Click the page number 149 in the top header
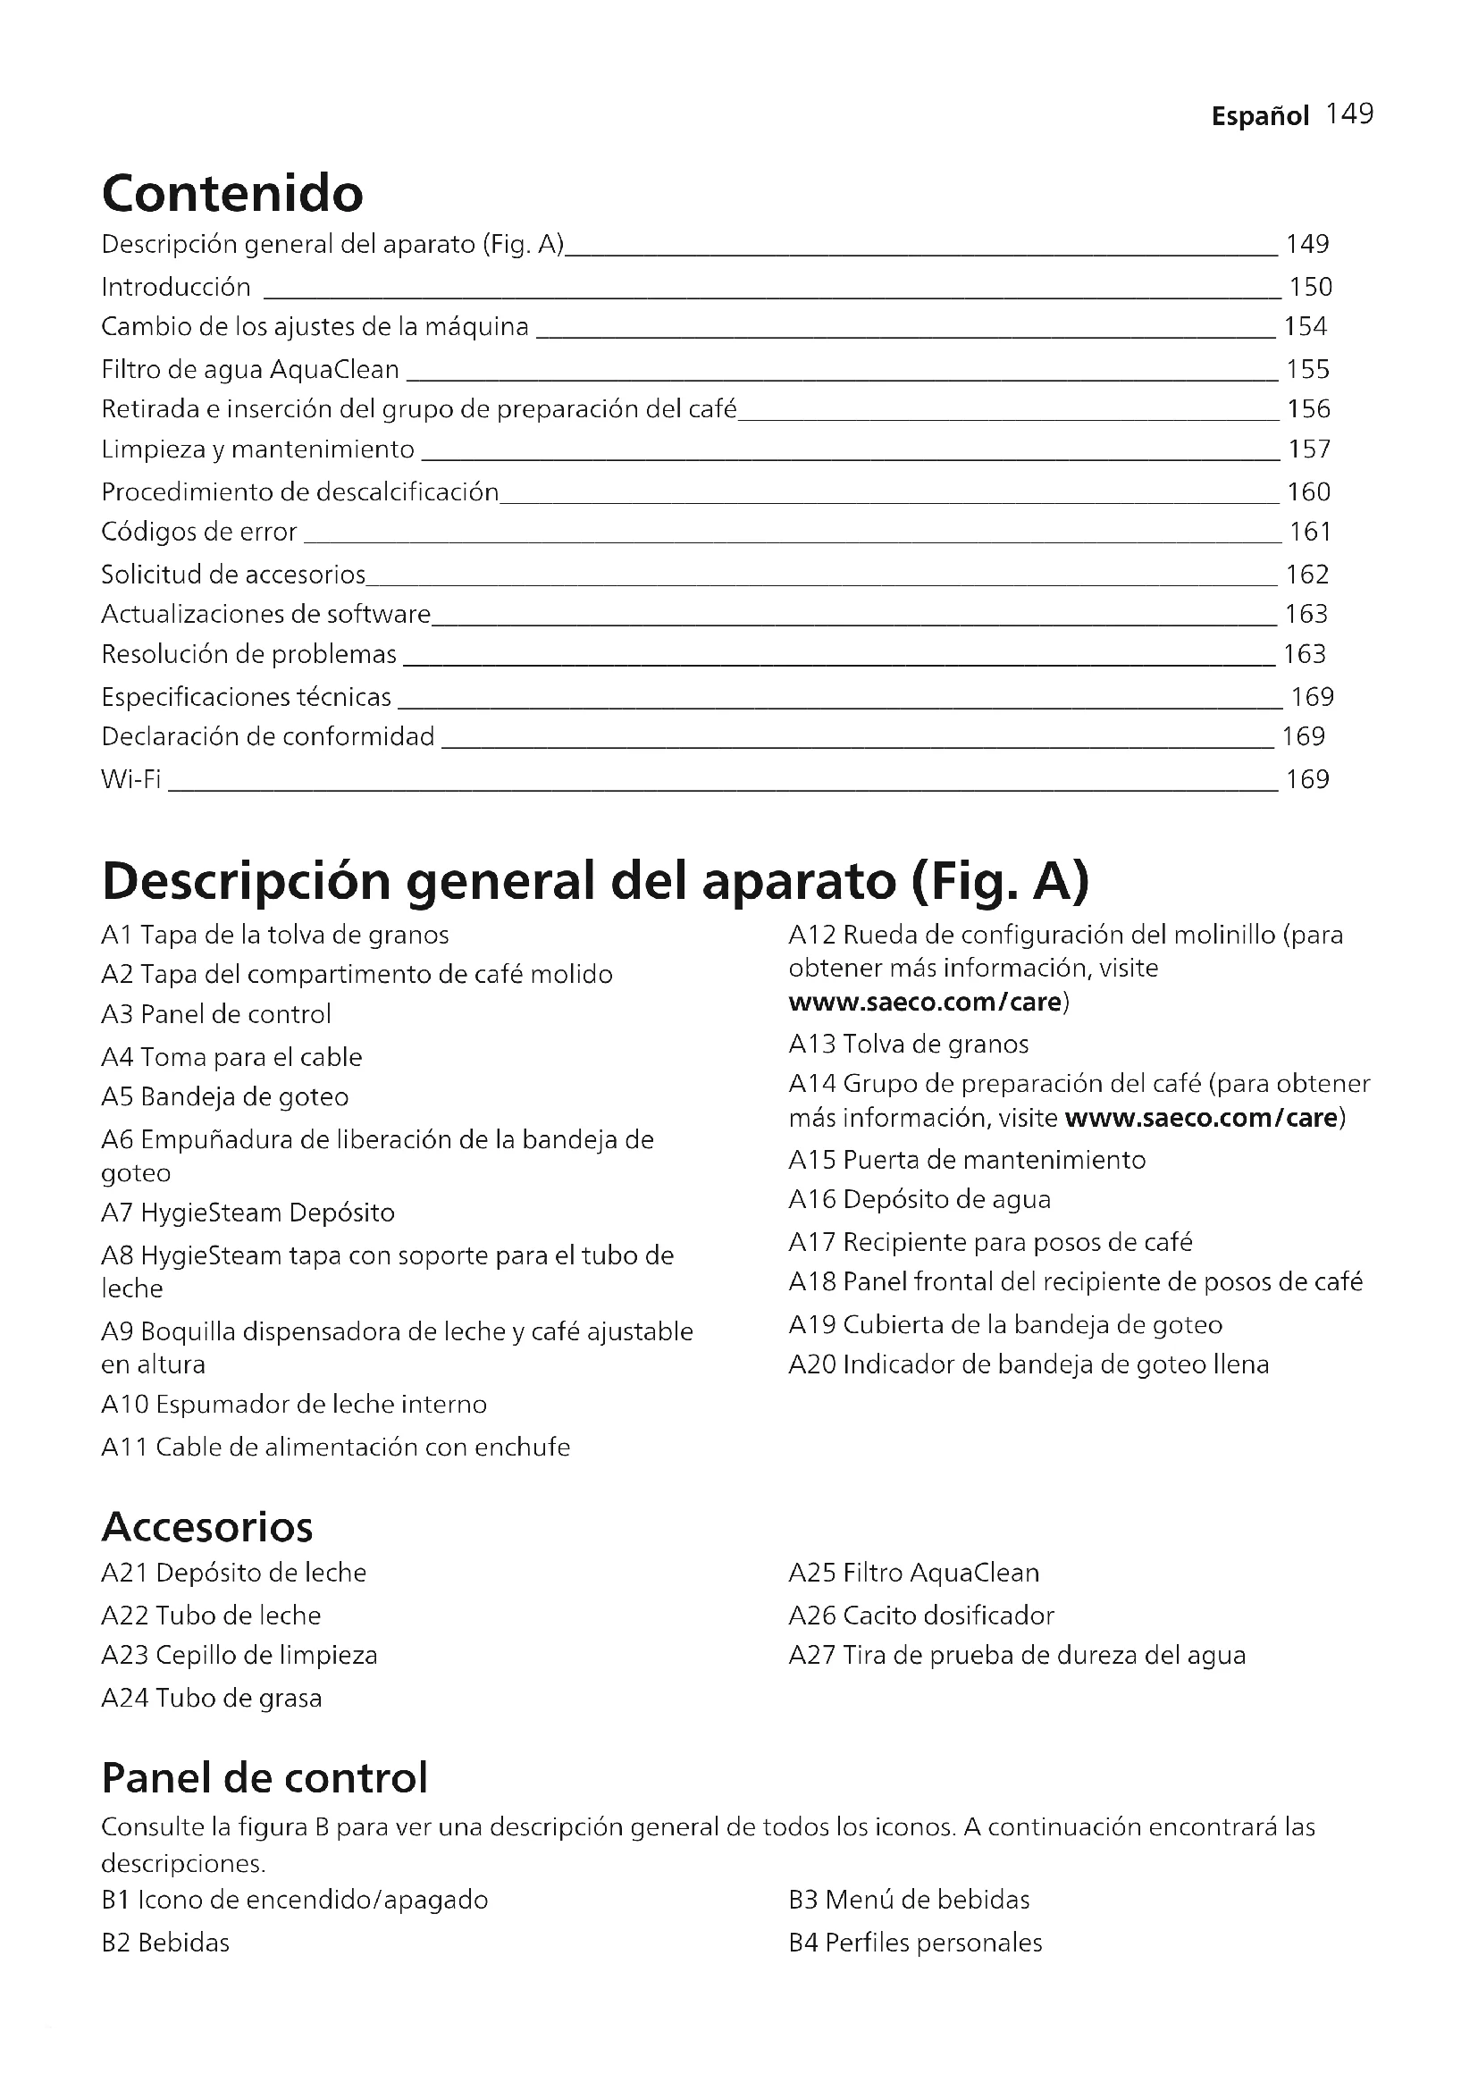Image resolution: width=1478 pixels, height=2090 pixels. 1348,114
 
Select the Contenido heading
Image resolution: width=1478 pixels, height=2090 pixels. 232,193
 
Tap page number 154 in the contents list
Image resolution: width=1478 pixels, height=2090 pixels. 1305,327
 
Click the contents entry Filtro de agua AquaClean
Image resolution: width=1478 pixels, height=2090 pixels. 250,370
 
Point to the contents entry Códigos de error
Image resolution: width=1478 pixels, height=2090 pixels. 199,533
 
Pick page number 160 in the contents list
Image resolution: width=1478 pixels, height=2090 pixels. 1308,492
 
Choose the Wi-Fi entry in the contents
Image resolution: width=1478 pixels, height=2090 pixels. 131,779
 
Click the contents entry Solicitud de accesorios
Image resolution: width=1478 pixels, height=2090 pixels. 233,575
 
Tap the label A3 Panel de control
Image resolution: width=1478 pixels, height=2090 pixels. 215,1015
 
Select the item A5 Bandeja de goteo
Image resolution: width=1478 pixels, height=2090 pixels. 225,1097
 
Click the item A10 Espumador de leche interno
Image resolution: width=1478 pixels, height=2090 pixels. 294,1405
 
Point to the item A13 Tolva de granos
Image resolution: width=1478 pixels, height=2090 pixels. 908,1044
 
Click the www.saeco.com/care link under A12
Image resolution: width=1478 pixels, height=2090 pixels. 925,1003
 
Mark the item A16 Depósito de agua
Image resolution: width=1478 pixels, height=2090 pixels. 920,1200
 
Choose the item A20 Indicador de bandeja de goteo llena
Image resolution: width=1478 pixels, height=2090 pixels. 1029,1364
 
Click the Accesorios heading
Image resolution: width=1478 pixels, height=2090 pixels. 207,1526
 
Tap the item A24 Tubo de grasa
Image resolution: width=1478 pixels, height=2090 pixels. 211,1698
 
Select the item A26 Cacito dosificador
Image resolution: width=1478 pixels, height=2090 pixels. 921,1616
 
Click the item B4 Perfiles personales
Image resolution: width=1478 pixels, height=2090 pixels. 915,1943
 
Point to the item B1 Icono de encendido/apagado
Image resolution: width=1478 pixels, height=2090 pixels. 295,1900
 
